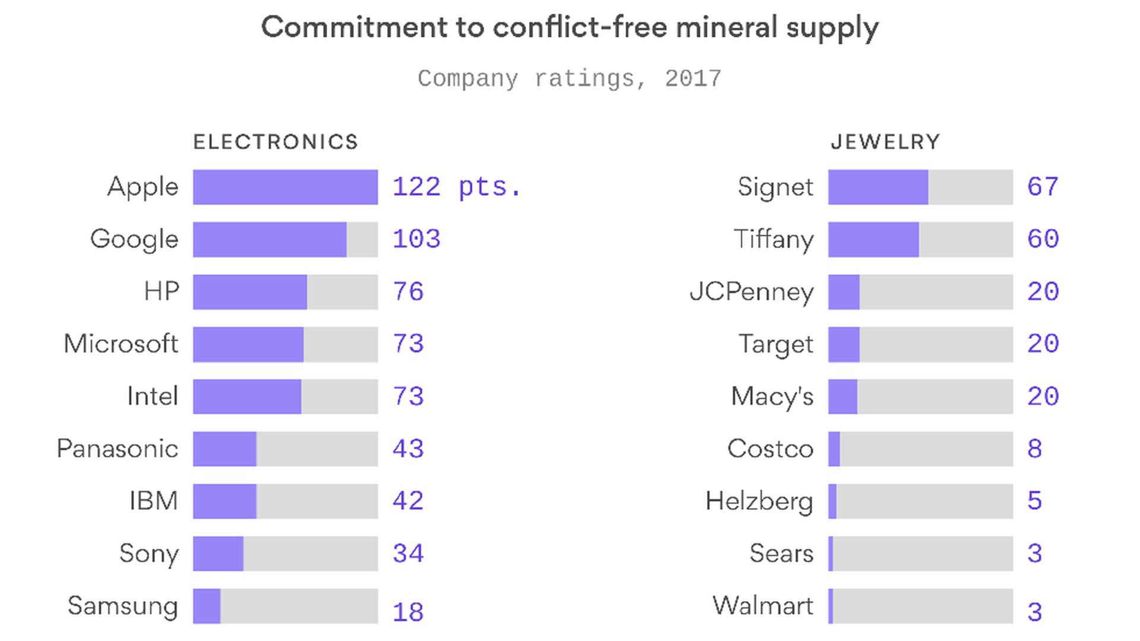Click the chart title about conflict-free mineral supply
pyautogui.click(x=569, y=28)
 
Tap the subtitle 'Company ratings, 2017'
pyautogui.click(x=569, y=78)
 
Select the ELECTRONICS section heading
pyautogui.click(x=275, y=142)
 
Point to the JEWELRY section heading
pyautogui.click(x=885, y=142)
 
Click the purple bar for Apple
pyautogui.click(x=285, y=187)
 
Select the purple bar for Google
pyautogui.click(x=270, y=239)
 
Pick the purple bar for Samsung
pyautogui.click(x=207, y=606)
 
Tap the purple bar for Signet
pyautogui.click(x=878, y=187)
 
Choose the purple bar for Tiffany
pyautogui.click(x=873, y=239)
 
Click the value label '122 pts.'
pyautogui.click(x=457, y=187)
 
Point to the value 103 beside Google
pyautogui.click(x=416, y=239)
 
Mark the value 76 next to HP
pyautogui.click(x=408, y=292)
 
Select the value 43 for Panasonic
pyautogui.click(x=408, y=449)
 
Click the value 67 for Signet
pyautogui.click(x=1043, y=187)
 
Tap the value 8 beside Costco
pyautogui.click(x=1034, y=449)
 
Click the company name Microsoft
pyautogui.click(x=121, y=344)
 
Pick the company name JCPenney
pyautogui.click(x=751, y=292)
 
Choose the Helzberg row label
pyautogui.click(x=759, y=502)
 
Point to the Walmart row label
pyautogui.click(x=762, y=606)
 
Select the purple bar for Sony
pyautogui.click(x=218, y=554)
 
